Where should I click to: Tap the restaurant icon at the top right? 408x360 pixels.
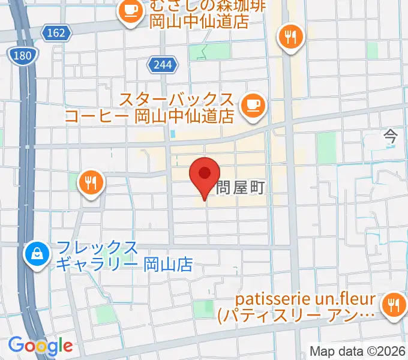click(290, 38)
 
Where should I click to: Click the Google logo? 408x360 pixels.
click(40, 345)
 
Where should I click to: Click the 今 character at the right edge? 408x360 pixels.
click(391, 137)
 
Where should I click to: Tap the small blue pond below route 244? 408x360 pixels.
click(173, 134)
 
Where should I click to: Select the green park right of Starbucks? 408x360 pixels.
click(326, 148)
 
